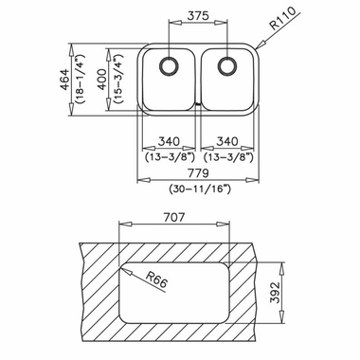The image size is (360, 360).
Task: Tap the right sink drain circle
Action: pos(226,67)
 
